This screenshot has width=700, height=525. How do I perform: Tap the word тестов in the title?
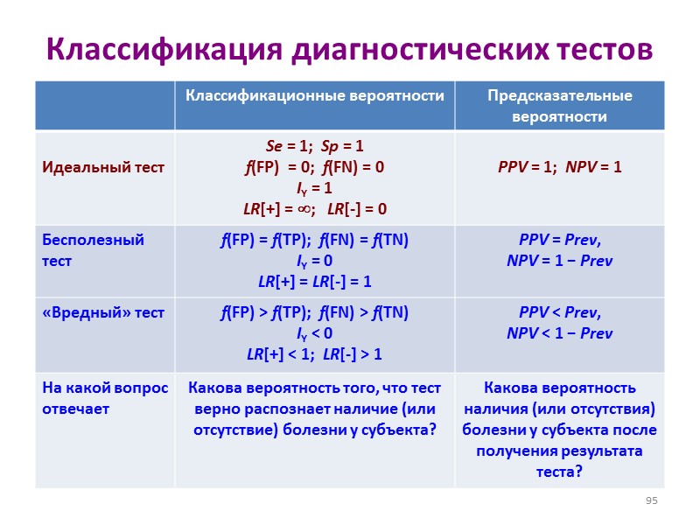click(x=605, y=51)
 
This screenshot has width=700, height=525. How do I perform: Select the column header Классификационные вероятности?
click(x=314, y=95)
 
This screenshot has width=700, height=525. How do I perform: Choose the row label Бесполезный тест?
click(x=93, y=250)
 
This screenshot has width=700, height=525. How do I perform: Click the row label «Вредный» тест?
click(x=103, y=312)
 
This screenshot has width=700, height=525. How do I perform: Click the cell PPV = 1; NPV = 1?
click(x=559, y=166)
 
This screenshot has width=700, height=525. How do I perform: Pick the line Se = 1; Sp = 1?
click(x=314, y=146)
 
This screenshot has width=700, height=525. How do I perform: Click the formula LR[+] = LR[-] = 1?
click(x=314, y=282)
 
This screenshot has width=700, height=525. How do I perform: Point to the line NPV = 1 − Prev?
click(x=559, y=261)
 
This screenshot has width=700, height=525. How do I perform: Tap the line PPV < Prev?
click(x=559, y=312)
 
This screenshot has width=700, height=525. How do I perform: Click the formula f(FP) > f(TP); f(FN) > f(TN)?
click(x=314, y=312)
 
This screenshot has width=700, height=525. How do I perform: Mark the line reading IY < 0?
click(x=314, y=333)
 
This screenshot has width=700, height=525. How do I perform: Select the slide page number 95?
click(x=651, y=500)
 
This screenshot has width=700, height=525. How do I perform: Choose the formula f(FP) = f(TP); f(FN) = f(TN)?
click(x=314, y=240)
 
